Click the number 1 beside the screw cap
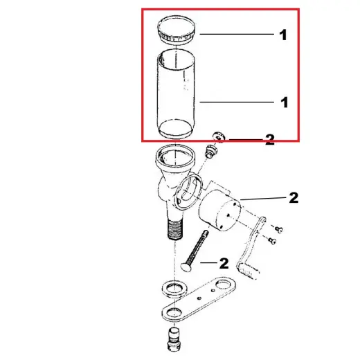coord(283,35)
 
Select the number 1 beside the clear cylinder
coord(285,102)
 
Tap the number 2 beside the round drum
coord(294,198)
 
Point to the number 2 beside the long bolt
coord(224,263)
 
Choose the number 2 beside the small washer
coord(270,140)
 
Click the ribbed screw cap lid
coord(177,30)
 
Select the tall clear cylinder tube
coord(176,93)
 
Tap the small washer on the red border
coord(219,137)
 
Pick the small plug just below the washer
coord(210,152)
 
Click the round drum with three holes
coord(219,210)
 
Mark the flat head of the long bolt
coord(186,268)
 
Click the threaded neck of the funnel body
coord(175,230)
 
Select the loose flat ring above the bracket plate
coord(174,288)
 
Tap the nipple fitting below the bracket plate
coord(174,339)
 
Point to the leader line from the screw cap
coord(237,34)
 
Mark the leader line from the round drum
coord(263,199)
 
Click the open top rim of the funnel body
coord(175,157)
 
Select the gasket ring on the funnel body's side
coord(188,191)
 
